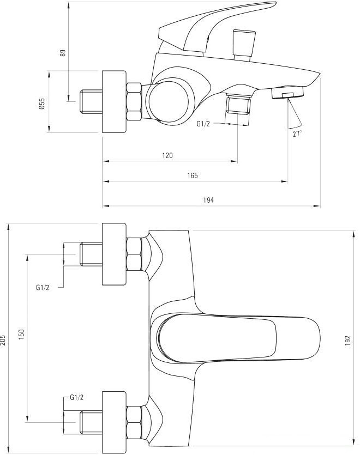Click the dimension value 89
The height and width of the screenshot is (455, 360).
click(x=63, y=53)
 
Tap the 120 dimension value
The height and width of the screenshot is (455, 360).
click(x=167, y=156)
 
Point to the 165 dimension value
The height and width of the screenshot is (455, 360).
click(x=192, y=175)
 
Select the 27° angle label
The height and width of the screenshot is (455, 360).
click(x=297, y=134)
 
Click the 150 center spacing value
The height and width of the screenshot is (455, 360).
click(x=22, y=333)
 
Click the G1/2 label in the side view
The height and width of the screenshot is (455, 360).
click(x=203, y=124)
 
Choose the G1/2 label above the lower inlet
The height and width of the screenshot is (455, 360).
click(x=77, y=398)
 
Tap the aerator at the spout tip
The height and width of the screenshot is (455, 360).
click(x=288, y=93)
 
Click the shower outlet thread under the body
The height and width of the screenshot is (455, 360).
click(x=238, y=104)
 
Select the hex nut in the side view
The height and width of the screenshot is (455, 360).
click(x=134, y=101)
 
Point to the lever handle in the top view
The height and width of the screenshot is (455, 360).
click(x=235, y=338)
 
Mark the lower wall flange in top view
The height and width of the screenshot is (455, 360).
click(x=114, y=421)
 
